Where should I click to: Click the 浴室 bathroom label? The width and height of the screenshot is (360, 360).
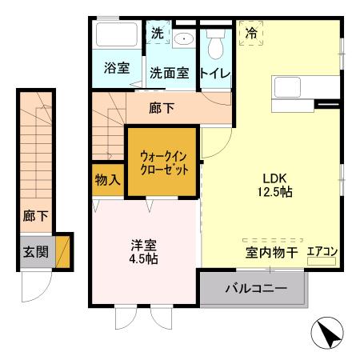click(x=117, y=68)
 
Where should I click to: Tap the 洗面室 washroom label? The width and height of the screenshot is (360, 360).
click(x=169, y=72)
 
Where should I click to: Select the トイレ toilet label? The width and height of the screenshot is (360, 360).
click(x=215, y=73)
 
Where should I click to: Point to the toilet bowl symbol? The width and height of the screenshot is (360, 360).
click(x=214, y=46)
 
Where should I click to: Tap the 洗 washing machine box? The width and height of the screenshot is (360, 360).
click(x=157, y=34)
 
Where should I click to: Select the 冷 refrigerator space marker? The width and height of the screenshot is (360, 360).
click(x=251, y=34)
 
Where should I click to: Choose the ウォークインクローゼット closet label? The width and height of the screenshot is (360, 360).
click(x=164, y=162)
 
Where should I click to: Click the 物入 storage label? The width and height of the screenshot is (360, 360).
click(x=107, y=179)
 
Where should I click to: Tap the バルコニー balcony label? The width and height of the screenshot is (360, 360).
click(x=254, y=288)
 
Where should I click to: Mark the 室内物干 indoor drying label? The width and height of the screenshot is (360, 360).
click(x=271, y=253)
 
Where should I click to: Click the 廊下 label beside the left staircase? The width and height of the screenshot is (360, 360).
click(x=35, y=215)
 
